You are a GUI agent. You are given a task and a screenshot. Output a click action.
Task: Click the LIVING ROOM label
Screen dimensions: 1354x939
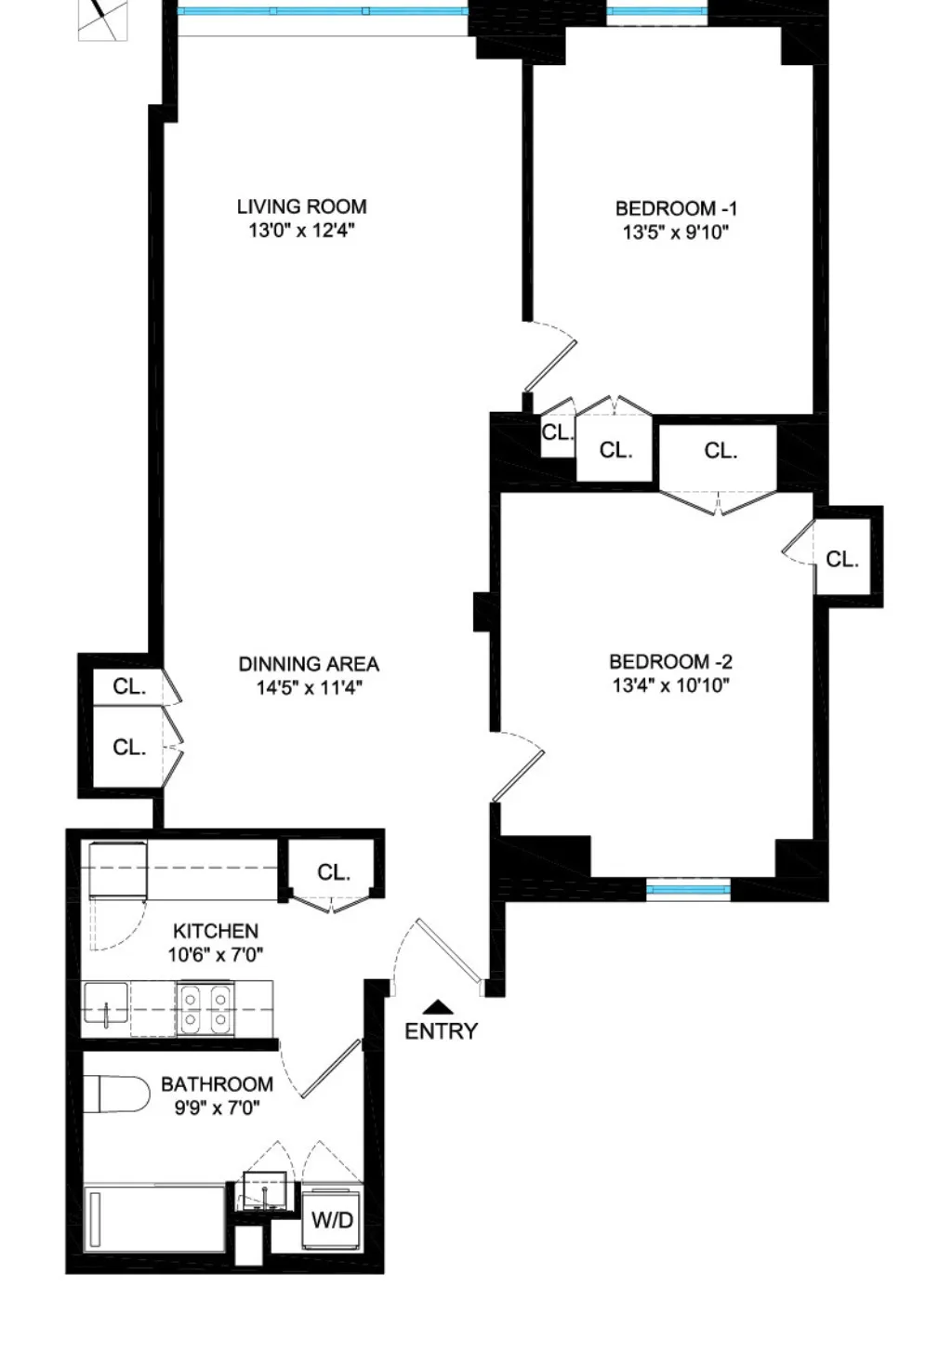(301, 206)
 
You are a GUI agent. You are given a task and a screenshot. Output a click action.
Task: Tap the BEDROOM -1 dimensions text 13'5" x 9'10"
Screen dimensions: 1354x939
(676, 232)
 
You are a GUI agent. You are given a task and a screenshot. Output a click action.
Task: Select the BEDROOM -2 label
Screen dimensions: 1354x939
(670, 662)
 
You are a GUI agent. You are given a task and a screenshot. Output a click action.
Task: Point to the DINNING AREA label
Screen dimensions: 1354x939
(309, 664)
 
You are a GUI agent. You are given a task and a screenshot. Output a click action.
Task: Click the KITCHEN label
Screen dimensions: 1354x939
(216, 931)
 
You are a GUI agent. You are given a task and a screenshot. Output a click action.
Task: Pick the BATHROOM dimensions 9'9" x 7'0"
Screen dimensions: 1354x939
(217, 1108)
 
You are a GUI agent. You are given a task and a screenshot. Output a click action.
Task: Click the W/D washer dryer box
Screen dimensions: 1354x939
(331, 1220)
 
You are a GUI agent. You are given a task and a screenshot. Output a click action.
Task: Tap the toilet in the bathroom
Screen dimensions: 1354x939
(116, 1094)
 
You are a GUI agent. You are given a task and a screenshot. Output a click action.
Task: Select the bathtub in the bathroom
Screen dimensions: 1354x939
(154, 1218)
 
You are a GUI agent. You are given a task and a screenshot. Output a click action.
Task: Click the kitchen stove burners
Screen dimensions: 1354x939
(205, 1008)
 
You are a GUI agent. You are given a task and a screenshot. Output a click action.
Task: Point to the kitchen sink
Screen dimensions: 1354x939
(106, 1003)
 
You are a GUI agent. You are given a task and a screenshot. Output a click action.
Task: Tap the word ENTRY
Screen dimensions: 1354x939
(441, 1031)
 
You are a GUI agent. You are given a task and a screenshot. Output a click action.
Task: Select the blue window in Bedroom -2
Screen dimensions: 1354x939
(689, 890)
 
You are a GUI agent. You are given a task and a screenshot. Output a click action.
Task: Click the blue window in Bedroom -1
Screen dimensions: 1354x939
(656, 12)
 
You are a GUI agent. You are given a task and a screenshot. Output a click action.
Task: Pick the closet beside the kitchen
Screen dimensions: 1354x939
(333, 871)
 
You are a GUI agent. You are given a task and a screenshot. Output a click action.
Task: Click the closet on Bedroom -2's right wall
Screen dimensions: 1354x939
(842, 559)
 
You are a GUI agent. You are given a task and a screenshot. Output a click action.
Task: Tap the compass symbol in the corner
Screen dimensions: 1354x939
(102, 19)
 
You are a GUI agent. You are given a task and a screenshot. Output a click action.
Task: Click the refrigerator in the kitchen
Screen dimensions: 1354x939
(116, 869)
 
